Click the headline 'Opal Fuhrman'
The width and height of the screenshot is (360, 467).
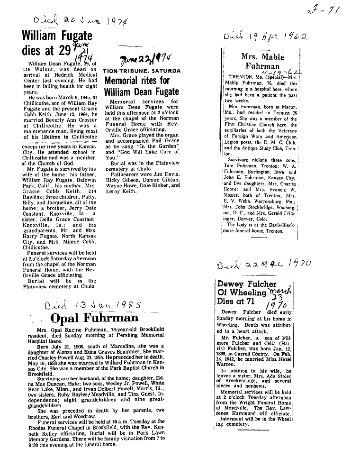[x=94, y=318]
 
